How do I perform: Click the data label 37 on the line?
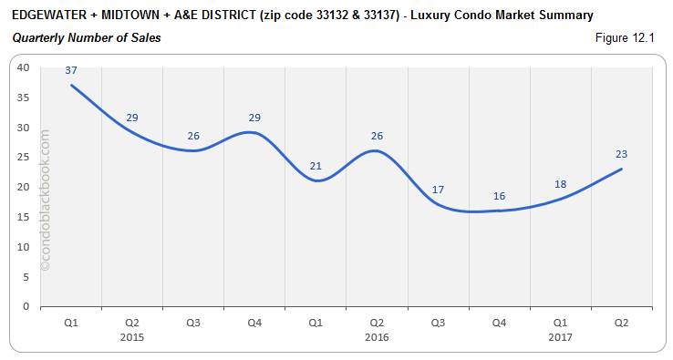(70, 71)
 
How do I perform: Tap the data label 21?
(316, 165)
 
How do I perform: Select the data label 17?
(438, 190)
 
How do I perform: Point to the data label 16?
(499, 195)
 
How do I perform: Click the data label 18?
(560, 183)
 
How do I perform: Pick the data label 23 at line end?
(621, 154)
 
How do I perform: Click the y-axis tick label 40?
(23, 67)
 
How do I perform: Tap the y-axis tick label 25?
(23, 157)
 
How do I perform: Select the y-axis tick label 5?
(26, 276)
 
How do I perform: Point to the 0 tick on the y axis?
(26, 306)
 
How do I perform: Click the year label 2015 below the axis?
(131, 336)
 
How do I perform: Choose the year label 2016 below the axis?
(377, 336)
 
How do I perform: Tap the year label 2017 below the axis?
(560, 336)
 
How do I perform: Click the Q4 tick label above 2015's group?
(254, 323)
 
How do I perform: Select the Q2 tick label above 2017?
(621, 323)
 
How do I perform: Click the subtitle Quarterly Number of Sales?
(87, 37)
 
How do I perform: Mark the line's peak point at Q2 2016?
(377, 150)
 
